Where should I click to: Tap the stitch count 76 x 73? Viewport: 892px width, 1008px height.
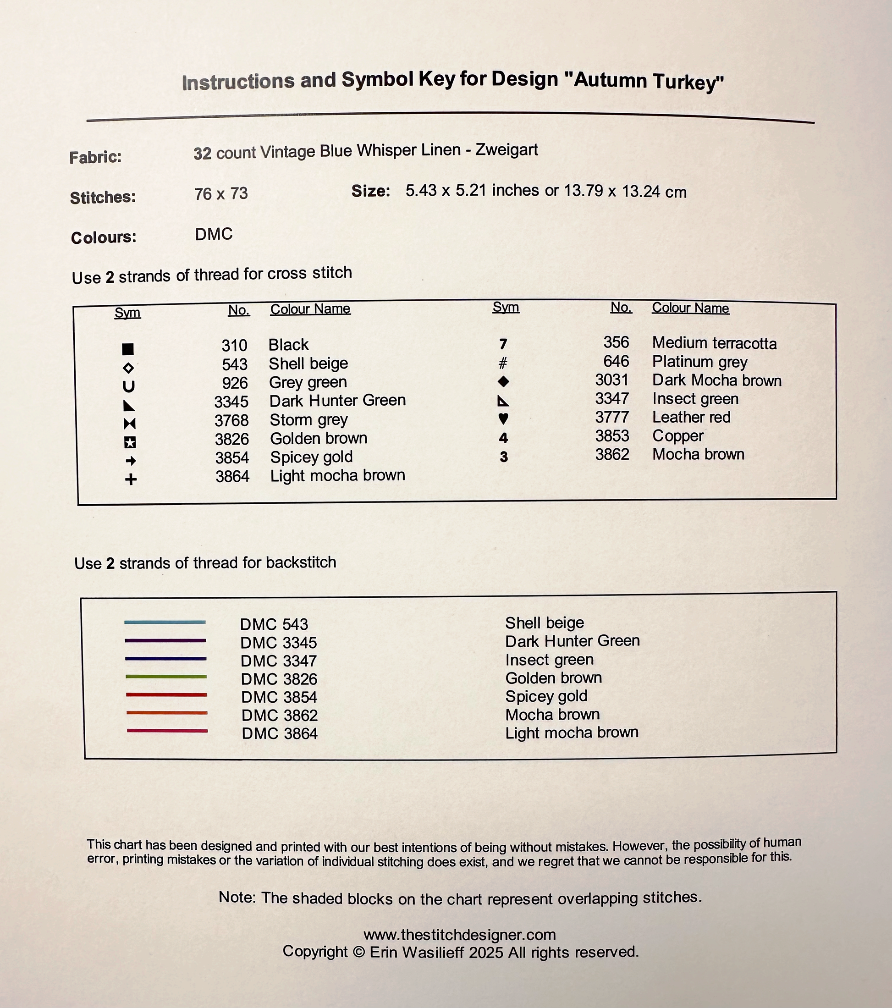click(221, 194)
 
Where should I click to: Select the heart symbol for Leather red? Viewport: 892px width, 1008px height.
click(503, 419)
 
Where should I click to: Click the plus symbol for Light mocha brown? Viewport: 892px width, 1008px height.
click(131, 479)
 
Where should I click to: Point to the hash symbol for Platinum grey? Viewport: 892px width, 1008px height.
click(502, 363)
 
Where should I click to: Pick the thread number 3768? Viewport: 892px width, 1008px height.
click(231, 421)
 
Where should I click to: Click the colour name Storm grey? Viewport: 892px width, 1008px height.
click(308, 420)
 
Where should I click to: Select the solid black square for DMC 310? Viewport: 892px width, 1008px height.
click(128, 349)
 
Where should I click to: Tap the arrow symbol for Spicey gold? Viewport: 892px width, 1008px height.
click(131, 461)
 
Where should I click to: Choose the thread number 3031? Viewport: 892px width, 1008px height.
click(611, 380)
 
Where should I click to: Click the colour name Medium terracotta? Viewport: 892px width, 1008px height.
click(714, 343)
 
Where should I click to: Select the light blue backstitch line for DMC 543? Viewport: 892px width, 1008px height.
click(165, 622)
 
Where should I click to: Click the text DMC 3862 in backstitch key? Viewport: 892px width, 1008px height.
click(280, 715)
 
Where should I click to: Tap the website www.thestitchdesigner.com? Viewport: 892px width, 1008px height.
click(460, 935)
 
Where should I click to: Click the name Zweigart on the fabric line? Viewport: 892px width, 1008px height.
click(507, 149)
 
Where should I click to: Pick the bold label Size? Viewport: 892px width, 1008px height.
click(370, 191)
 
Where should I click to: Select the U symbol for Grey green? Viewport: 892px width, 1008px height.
click(129, 386)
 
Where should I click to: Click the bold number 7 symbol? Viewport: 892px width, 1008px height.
click(503, 344)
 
